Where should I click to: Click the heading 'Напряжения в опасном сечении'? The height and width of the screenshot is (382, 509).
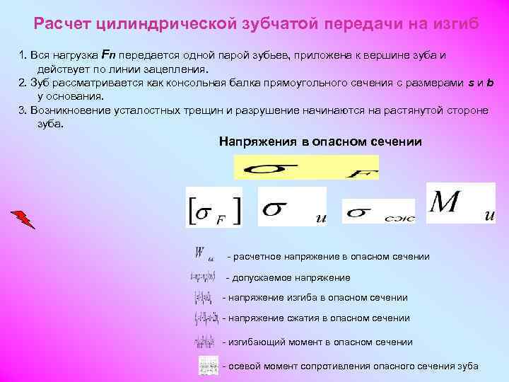tap(320, 141)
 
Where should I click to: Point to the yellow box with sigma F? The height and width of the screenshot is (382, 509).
tap(306, 168)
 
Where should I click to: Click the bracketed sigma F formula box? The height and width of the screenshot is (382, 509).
tap(213, 207)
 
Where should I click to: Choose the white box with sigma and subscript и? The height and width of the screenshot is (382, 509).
tap(292, 207)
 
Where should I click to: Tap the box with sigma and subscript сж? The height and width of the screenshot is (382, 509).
tap(378, 212)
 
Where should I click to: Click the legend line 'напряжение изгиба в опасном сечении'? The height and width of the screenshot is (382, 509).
tap(315, 298)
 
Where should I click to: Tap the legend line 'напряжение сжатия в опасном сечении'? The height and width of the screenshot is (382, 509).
tap(316, 318)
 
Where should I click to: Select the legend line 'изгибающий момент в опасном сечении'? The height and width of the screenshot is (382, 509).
tap(317, 342)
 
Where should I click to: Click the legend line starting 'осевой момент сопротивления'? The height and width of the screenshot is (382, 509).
tap(350, 366)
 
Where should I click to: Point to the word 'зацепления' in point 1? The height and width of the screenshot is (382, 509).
tap(180, 70)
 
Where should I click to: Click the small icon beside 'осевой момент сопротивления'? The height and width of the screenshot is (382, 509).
tap(209, 365)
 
